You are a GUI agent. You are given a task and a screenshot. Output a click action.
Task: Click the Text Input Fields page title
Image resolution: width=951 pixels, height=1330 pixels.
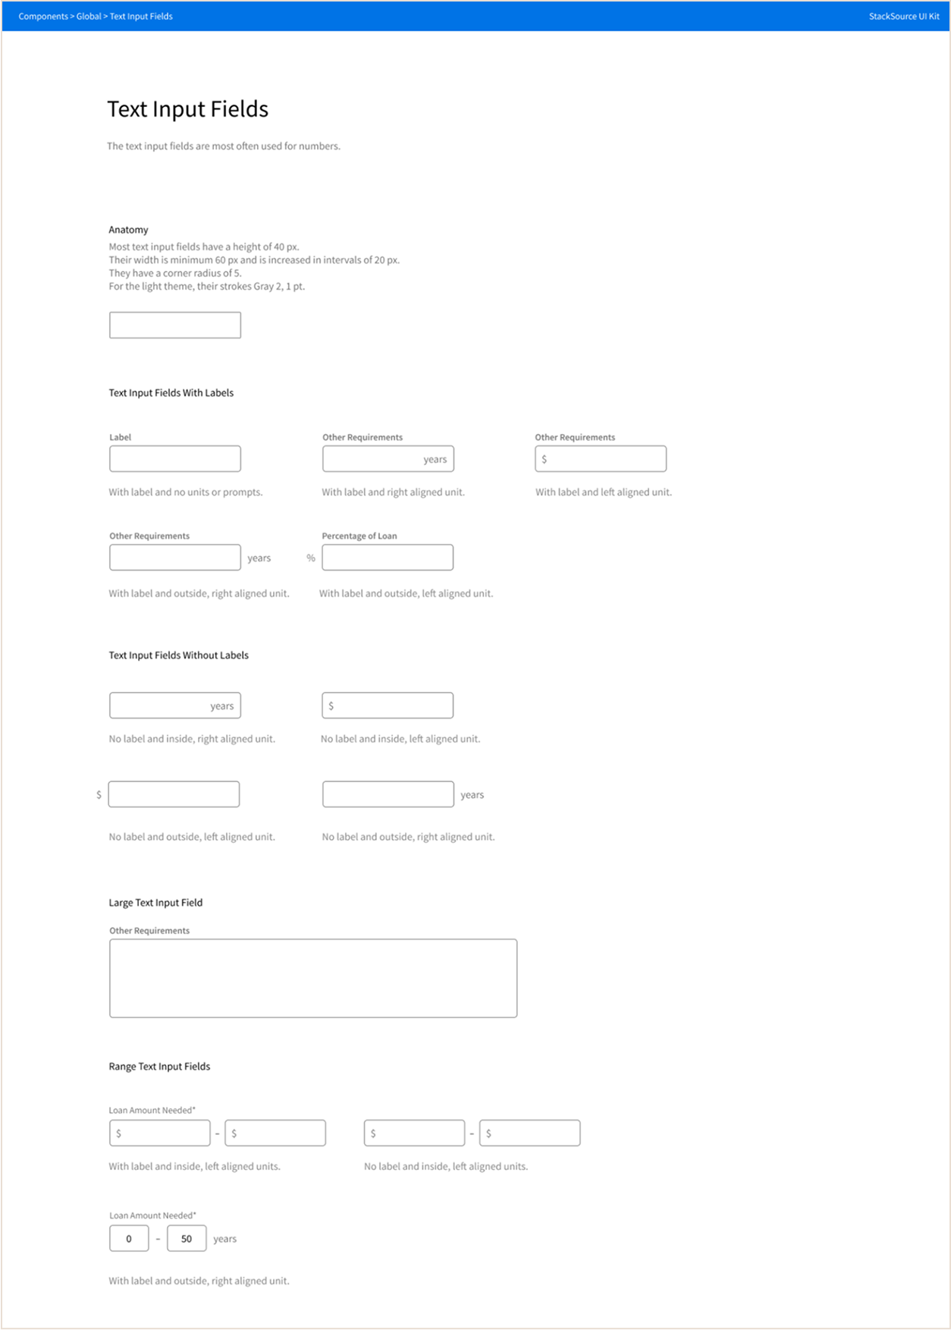187,109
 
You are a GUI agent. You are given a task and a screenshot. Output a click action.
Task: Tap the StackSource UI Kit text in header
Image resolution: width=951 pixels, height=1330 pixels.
903,16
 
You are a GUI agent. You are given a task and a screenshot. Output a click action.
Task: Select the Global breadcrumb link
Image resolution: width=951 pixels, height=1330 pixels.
88,16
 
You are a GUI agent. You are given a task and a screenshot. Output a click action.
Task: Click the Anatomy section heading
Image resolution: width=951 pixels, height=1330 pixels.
128,230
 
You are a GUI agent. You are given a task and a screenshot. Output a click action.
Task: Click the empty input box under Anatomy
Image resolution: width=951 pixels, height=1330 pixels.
175,325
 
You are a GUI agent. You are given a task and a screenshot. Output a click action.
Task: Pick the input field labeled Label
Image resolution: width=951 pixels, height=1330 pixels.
175,459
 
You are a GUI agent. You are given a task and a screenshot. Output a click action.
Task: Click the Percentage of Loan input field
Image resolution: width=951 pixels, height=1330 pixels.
388,558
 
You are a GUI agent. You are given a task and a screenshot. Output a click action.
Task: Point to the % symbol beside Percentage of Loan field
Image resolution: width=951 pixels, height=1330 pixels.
311,558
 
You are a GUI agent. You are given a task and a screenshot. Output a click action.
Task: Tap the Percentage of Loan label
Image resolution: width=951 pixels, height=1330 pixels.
359,536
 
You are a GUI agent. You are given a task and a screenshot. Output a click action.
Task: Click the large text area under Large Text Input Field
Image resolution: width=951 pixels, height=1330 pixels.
313,978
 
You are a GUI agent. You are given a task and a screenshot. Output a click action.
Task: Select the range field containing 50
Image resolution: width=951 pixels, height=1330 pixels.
187,1239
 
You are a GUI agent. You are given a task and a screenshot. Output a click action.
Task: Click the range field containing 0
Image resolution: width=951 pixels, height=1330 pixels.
129,1239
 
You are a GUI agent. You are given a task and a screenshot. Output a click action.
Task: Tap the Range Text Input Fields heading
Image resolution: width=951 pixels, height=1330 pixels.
159,1067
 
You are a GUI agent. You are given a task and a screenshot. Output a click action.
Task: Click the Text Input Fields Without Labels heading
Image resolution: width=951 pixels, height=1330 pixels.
178,656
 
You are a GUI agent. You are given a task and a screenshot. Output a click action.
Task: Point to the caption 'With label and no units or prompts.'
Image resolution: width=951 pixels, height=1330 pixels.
186,492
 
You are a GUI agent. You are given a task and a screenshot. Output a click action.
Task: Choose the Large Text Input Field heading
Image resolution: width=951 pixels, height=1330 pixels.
155,903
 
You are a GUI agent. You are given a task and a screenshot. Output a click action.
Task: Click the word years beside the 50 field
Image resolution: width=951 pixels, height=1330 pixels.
224,1239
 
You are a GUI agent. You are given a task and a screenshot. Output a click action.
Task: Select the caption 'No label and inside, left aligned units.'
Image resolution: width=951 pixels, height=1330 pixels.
446,1167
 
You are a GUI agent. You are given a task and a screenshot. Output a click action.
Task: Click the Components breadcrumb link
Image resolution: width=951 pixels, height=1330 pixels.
43,16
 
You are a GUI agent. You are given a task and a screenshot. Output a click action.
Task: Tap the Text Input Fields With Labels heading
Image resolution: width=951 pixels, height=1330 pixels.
171,393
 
